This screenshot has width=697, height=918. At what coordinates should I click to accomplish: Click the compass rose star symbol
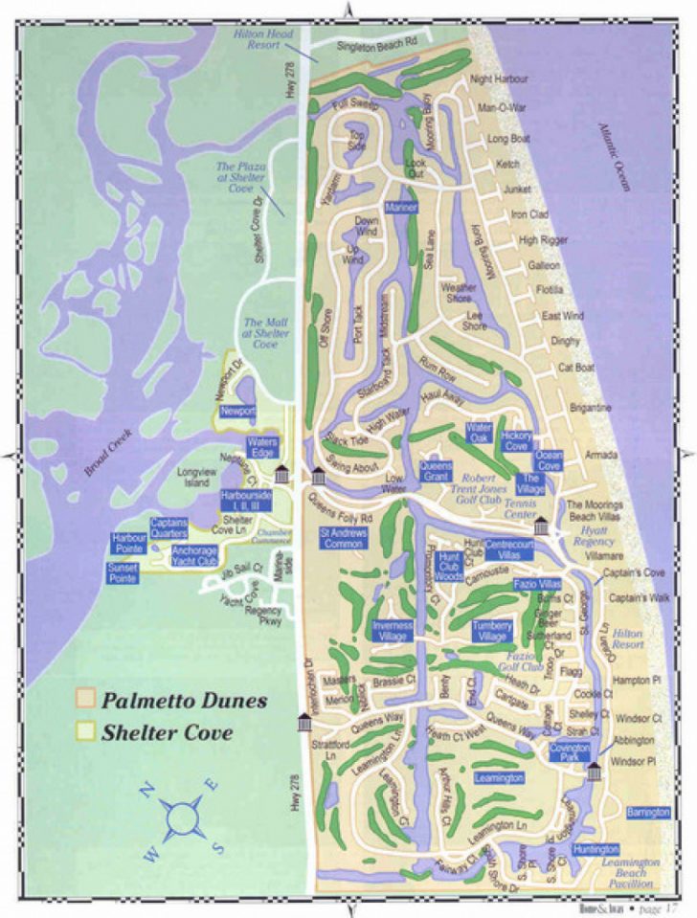(180, 816)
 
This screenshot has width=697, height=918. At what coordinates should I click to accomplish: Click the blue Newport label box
(237, 412)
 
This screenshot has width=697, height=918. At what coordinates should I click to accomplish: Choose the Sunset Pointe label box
(124, 573)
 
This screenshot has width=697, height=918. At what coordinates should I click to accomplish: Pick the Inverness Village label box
(393, 630)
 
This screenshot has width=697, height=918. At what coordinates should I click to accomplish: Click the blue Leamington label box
(498, 777)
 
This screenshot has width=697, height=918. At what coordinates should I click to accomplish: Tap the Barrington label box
(648, 812)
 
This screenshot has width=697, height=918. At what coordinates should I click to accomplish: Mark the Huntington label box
(597, 849)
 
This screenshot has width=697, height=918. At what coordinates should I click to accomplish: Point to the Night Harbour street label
(498, 79)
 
